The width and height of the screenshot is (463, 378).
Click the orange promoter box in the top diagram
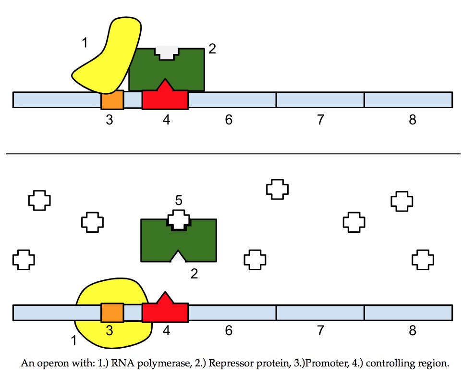112,100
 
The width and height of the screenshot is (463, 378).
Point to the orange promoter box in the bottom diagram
112,313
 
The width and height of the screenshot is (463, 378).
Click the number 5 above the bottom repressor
178,201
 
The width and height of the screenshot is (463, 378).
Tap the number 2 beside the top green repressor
212,49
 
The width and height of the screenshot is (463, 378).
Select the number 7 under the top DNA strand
320,120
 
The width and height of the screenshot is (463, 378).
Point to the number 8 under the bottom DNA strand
412,331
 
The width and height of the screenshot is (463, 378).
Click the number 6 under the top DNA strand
229,120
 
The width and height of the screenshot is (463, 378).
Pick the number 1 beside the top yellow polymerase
85,43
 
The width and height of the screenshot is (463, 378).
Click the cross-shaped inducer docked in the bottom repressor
178,219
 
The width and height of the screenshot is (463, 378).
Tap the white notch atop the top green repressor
167,53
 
